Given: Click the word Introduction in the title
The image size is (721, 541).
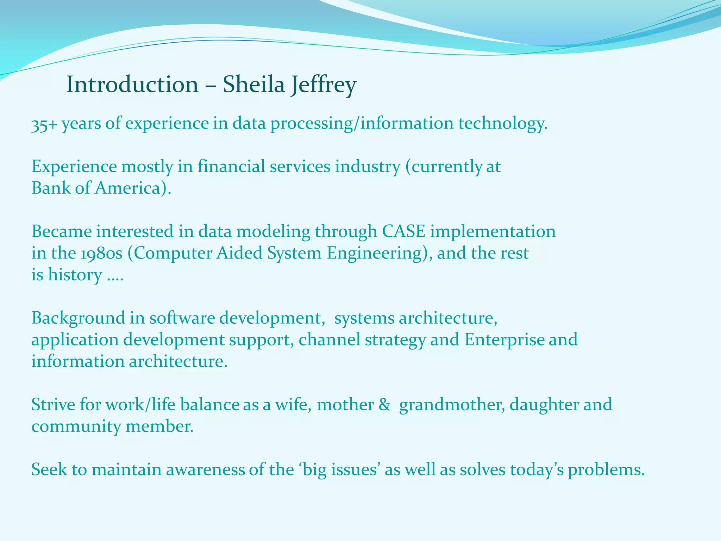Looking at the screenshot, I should [132, 85].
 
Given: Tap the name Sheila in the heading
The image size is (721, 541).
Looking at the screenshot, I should [254, 85].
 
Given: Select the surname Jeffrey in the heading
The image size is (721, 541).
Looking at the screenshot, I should [323, 86].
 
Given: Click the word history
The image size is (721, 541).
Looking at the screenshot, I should [75, 275].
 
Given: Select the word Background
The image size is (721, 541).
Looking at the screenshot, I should [78, 318].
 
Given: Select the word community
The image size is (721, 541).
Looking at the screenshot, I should [76, 427].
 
